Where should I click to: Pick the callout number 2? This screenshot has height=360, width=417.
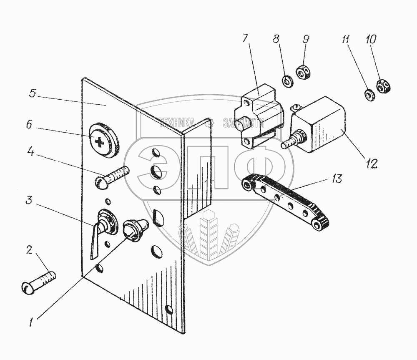pos(29,251)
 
